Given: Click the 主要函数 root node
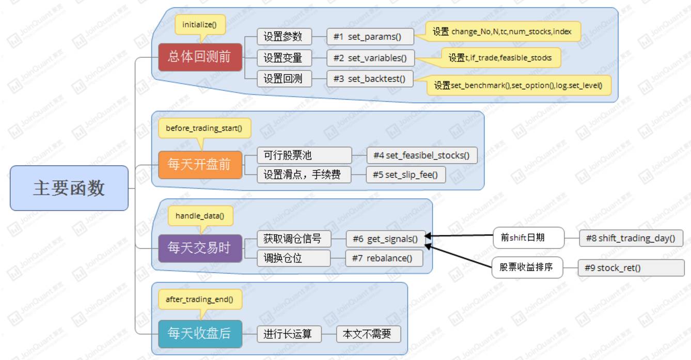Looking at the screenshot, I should click(69, 188).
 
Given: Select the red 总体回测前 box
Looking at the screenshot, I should click(199, 57).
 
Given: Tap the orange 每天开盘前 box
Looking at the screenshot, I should click(200, 165).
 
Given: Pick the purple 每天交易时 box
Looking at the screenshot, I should click(200, 248).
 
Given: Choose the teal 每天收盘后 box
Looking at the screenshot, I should click(200, 334).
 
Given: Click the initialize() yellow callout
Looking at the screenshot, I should click(200, 24).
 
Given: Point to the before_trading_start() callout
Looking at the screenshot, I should click(204, 128).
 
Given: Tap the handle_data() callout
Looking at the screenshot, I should click(200, 215).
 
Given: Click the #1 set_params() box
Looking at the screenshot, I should click(370, 37).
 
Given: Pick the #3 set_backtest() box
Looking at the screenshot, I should click(370, 79).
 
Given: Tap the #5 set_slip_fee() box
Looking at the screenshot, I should click(406, 175).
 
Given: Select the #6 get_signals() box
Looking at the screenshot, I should click(386, 239).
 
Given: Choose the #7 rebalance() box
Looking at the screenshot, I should click(384, 258).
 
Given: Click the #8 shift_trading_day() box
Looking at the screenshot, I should click(631, 238).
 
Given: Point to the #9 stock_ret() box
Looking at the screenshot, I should click(631, 268).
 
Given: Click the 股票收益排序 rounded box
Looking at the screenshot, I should click(526, 268).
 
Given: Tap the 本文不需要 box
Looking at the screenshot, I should click(368, 334).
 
